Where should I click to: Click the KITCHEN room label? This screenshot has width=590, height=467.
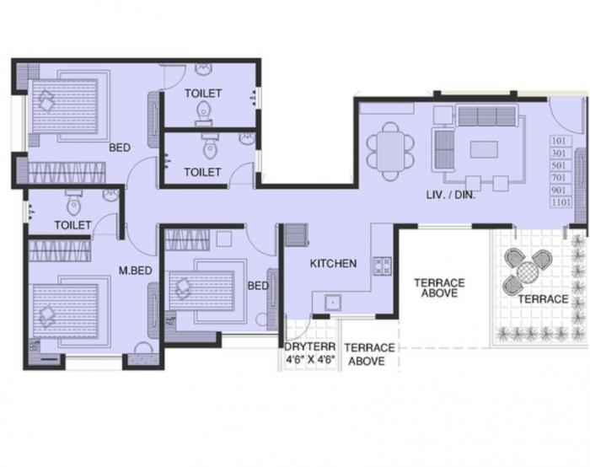pyautogui.click(x=333, y=264)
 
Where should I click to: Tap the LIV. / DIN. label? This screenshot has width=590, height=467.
pyautogui.click(x=452, y=196)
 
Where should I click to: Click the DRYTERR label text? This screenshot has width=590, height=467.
pyautogui.click(x=309, y=347)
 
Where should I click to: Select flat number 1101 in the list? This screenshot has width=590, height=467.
pyautogui.click(x=560, y=202)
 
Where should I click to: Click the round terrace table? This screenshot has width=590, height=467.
pyautogui.click(x=527, y=271)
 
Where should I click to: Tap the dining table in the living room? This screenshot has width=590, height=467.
pyautogui.click(x=389, y=151)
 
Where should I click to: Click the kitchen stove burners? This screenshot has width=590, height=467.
pyautogui.click(x=382, y=266)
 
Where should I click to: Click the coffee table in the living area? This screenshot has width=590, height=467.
pyautogui.click(x=483, y=149)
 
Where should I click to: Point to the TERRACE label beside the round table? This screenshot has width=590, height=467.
pyautogui.click(x=543, y=299)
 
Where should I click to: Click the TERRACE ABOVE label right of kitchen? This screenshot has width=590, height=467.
pyautogui.click(x=439, y=287)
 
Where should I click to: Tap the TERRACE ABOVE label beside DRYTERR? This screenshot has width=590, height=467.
pyautogui.click(x=369, y=354)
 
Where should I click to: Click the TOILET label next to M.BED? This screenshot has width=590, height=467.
pyautogui.click(x=72, y=225)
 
